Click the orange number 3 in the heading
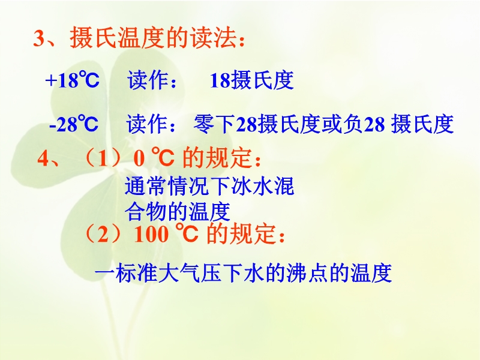click(39, 39)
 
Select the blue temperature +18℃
click(72, 80)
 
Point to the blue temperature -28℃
click(74, 124)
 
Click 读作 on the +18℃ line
click(148, 80)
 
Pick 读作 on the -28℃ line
click(147, 124)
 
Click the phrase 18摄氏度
click(251, 80)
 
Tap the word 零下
click(214, 124)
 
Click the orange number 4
click(43, 158)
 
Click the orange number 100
click(151, 235)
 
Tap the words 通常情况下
click(178, 186)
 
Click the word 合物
click(146, 211)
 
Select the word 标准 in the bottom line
click(137, 272)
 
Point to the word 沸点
click(307, 272)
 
